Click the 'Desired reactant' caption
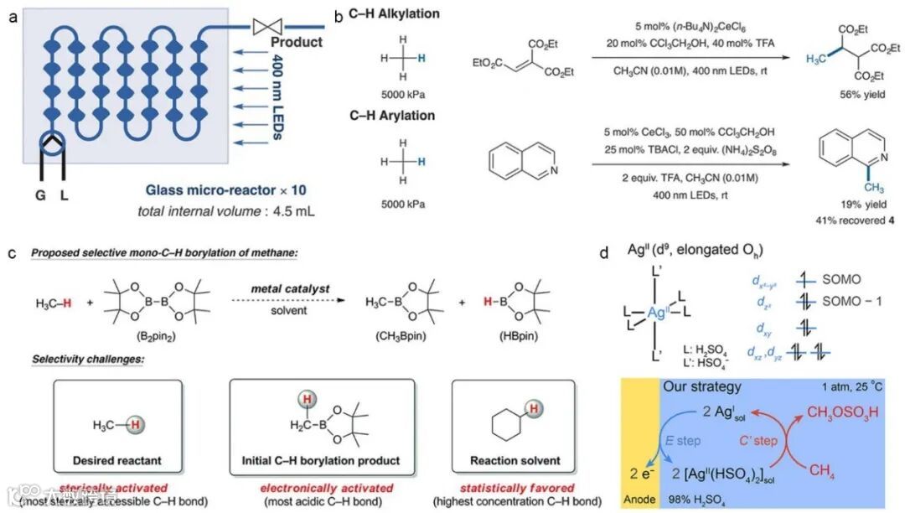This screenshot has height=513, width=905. (116, 460)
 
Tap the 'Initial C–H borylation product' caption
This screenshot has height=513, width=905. (322, 460)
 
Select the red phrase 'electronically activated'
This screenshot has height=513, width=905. (322, 488)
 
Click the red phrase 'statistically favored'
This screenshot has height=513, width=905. (513, 488)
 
